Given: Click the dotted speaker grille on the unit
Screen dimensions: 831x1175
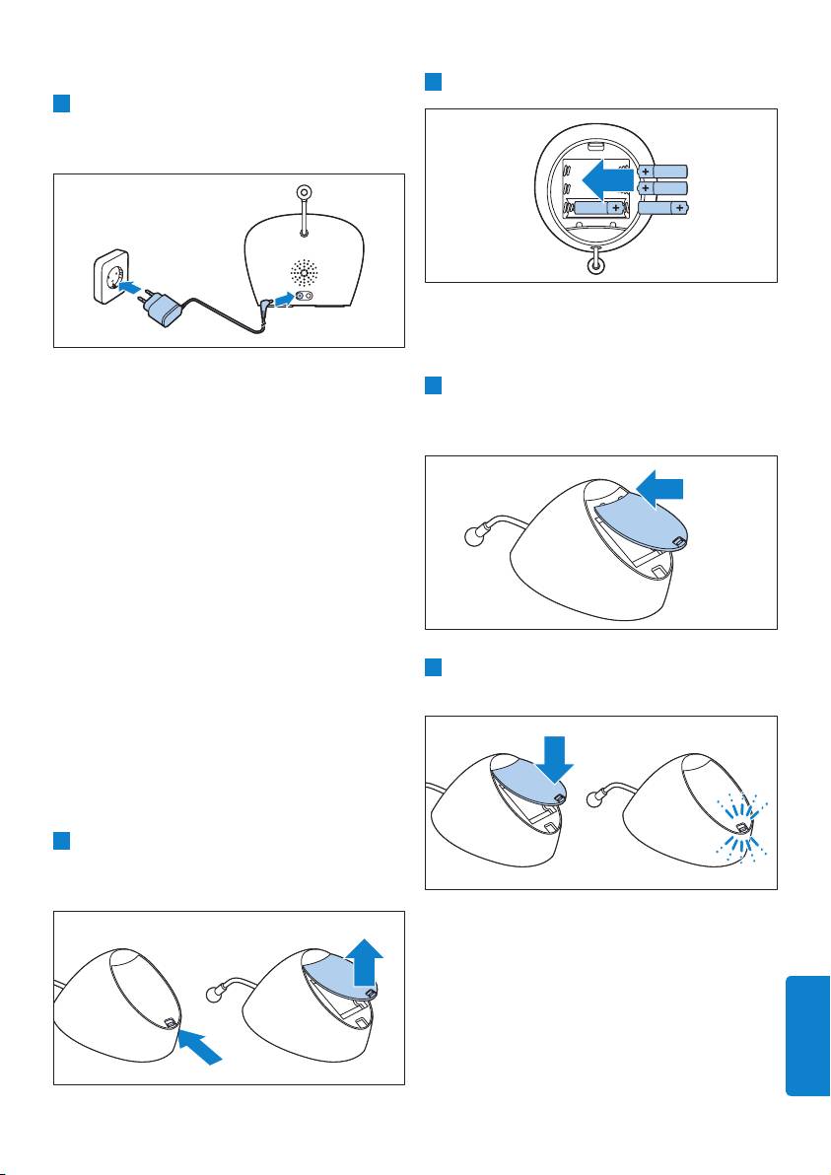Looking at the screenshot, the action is click(305, 272).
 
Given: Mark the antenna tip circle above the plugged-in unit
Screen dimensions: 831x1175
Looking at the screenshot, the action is click(305, 194).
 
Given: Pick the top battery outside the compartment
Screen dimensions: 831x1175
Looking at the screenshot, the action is click(662, 171).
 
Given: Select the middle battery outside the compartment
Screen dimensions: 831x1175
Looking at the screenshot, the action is click(662, 187).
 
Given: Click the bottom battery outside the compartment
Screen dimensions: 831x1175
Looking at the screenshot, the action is click(662, 208).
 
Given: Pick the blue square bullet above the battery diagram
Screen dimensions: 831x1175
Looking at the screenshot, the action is click(433, 81).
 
